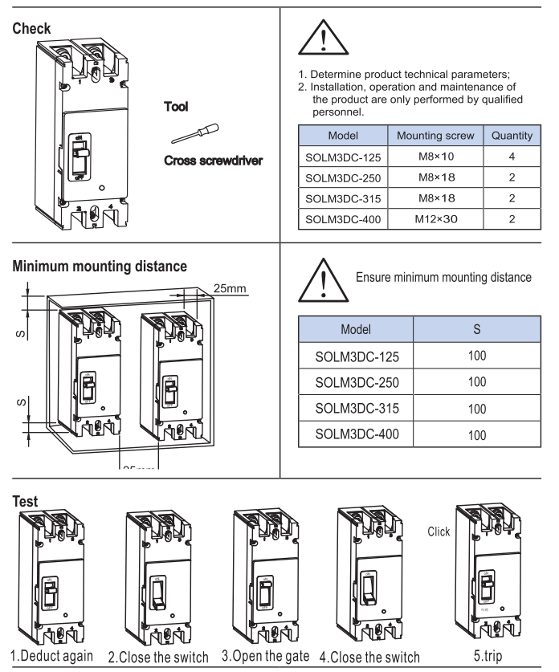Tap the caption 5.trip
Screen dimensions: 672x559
(x=492, y=655)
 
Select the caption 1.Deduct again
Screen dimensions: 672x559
(x=51, y=655)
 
